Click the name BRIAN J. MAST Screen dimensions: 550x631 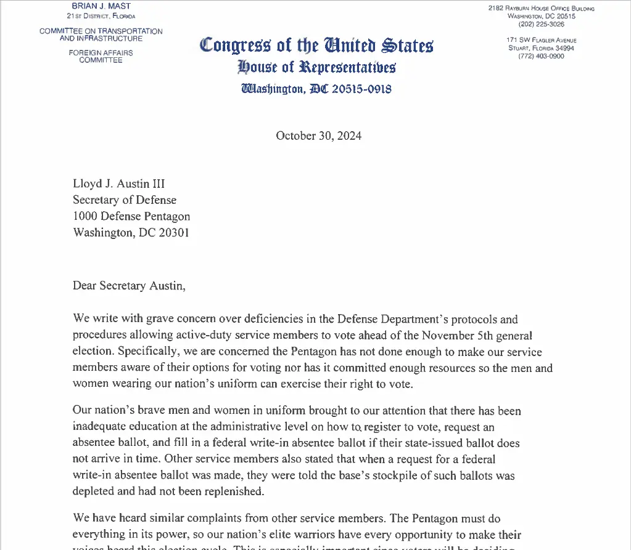(x=101, y=6)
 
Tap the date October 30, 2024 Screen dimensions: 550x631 (x=318, y=135)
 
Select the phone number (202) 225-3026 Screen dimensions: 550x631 (x=541, y=24)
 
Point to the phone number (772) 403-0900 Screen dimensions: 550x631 (x=541, y=56)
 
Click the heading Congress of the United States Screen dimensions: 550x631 (x=316, y=46)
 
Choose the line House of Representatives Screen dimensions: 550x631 (x=316, y=67)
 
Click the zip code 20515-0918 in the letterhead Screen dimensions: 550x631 (x=361, y=89)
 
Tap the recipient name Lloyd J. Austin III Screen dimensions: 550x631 (x=118, y=184)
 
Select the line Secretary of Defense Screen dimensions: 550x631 (x=125, y=200)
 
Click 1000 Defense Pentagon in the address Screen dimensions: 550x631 (x=131, y=216)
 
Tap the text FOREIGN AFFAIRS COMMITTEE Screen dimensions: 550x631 (x=101, y=56)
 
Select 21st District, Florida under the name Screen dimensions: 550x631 (x=101, y=16)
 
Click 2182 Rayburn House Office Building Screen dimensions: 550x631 (x=541, y=8)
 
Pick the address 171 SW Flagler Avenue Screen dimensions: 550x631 (x=541, y=40)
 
